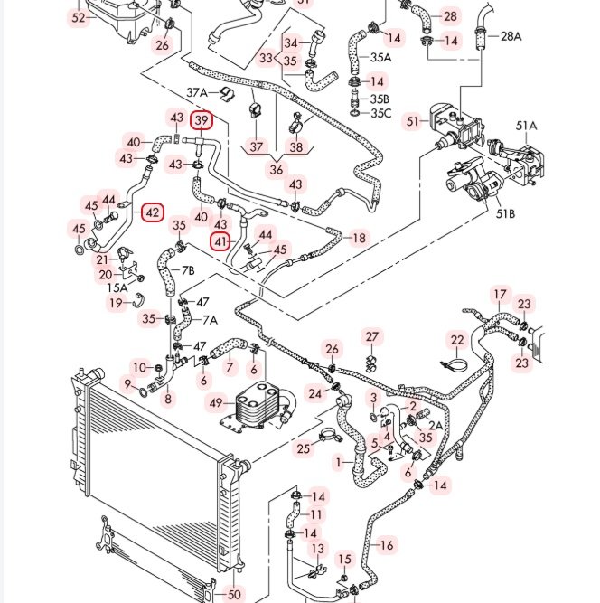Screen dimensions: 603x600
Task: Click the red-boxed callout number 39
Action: (x=202, y=119)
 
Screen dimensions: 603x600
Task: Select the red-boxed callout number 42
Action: (x=153, y=213)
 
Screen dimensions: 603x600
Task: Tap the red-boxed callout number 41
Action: (x=221, y=241)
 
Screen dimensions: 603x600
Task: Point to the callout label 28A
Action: (x=511, y=36)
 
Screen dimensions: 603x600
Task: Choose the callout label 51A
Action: (x=526, y=126)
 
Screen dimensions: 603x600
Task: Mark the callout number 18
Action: (x=359, y=238)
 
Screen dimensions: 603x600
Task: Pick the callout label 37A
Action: (x=197, y=92)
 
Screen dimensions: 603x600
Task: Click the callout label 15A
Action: (x=117, y=287)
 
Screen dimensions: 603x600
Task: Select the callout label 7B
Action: (x=188, y=269)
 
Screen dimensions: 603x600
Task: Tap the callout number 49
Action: (x=215, y=402)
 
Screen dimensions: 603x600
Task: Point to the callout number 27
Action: (x=372, y=337)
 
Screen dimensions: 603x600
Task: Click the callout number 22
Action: (x=457, y=340)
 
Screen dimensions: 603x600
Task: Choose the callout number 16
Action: (x=386, y=544)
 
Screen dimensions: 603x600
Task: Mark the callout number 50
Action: (x=234, y=594)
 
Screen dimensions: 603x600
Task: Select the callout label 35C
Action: (x=382, y=113)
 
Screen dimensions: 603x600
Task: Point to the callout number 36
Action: (x=277, y=169)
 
